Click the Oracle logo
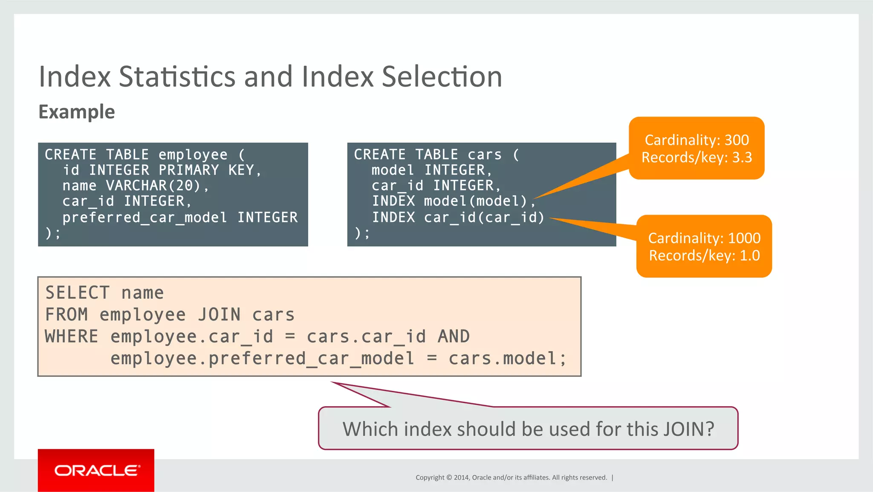click(x=96, y=470)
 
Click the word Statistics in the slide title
click(x=177, y=77)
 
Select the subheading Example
click(x=77, y=112)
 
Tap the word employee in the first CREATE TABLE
click(x=193, y=154)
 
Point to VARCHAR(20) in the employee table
click(x=153, y=186)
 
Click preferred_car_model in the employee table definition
click(x=145, y=218)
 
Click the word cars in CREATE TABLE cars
click(x=484, y=154)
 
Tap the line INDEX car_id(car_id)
click(x=458, y=218)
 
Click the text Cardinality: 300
click(x=697, y=140)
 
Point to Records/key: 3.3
click(x=697, y=157)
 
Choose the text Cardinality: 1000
click(x=704, y=238)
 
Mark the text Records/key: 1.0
click(x=704, y=256)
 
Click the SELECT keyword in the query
click(x=77, y=293)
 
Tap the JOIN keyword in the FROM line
click(x=219, y=315)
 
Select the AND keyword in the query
click(x=454, y=337)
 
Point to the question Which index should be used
click(x=528, y=429)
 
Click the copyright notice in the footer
click(x=511, y=477)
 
